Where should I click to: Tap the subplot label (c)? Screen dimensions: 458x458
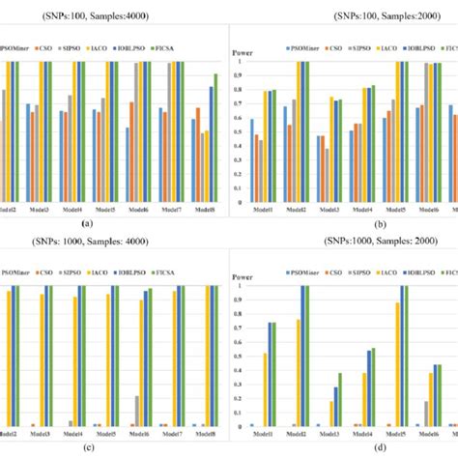pyautogui.click(x=88, y=447)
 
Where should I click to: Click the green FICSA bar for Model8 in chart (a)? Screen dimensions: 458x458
pyautogui.click(x=215, y=138)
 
